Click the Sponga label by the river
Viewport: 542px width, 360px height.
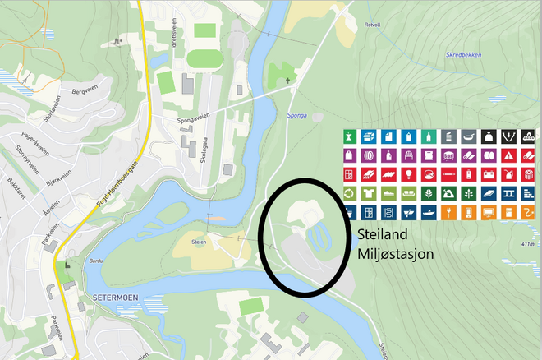(297, 115)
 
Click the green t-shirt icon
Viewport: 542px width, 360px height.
(370, 194)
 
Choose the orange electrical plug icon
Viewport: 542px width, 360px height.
(448, 213)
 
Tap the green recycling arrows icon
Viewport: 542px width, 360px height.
(350, 194)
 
